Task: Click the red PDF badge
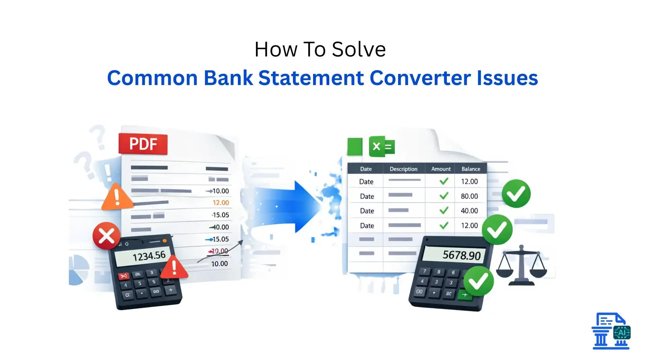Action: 143,144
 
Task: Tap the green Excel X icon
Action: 381,147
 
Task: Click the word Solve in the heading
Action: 359,49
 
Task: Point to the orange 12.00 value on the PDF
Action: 220,203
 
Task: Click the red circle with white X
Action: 106,236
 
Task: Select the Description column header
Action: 403,169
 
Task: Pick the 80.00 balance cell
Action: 469,196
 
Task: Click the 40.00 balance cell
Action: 469,211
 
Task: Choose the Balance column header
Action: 470,169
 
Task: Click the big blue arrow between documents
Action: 296,206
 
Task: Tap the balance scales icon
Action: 521,266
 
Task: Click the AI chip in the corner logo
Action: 621,333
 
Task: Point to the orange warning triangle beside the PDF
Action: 117,198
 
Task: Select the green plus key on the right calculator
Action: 465,295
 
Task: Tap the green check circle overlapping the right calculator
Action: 478,281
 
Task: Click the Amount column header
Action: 440,169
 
